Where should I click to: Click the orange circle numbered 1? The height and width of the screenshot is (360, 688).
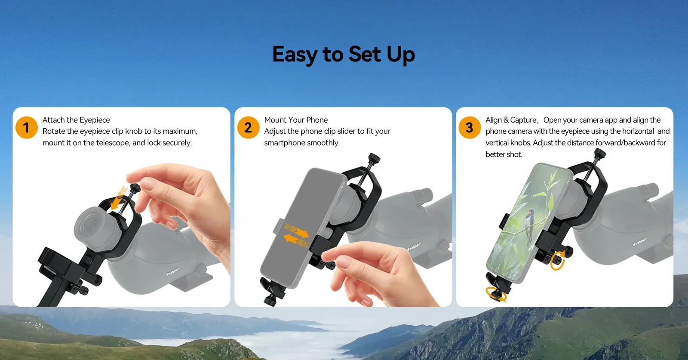click(26, 127)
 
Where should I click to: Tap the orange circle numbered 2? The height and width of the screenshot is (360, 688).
click(248, 127)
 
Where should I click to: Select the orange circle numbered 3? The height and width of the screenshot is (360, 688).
click(469, 127)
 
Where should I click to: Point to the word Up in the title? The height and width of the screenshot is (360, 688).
click(401, 55)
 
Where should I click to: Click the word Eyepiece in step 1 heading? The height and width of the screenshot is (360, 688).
click(94, 120)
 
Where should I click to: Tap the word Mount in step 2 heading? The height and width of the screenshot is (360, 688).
click(275, 120)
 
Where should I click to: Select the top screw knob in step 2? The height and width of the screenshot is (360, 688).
click(374, 159)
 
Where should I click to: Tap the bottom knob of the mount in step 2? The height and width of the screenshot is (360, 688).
click(270, 299)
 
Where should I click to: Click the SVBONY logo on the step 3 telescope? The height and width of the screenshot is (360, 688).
click(639, 242)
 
